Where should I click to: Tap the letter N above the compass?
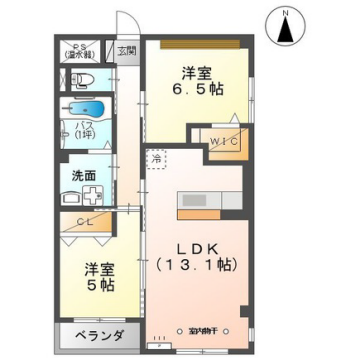[x=285, y=12]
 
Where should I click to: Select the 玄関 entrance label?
[x=128, y=50]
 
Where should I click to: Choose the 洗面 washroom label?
[x=83, y=173]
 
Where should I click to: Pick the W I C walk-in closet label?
[x=220, y=142]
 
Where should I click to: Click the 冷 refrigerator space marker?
[x=156, y=158]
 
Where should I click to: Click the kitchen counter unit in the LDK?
[x=209, y=201]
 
